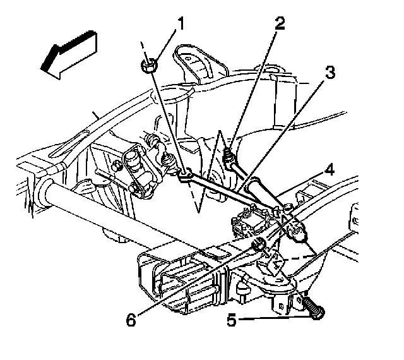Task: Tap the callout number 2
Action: (280, 24)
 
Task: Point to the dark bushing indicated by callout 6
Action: (258, 244)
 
